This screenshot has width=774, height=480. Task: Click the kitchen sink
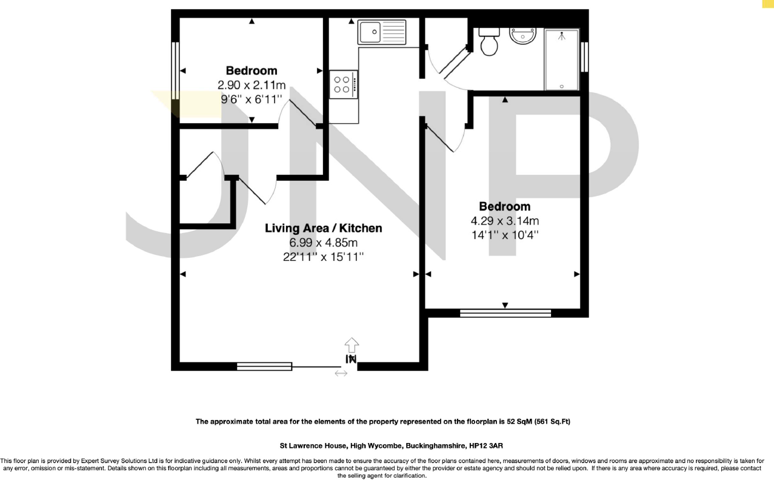(x=382, y=32)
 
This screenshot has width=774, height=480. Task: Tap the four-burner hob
(x=343, y=84)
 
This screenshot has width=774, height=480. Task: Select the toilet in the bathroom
(x=489, y=42)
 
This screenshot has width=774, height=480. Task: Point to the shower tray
(x=562, y=59)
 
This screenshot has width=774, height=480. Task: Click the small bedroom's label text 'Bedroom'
(x=252, y=70)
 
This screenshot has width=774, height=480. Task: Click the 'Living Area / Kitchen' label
(x=324, y=228)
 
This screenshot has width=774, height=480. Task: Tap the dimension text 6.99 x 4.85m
(x=324, y=243)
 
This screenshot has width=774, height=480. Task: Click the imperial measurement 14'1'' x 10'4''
(x=504, y=234)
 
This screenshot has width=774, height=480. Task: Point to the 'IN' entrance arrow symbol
(x=351, y=353)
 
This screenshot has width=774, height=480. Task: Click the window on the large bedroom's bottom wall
(x=505, y=313)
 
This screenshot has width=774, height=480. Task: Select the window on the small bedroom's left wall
(x=175, y=67)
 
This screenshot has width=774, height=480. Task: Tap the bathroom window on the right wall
(x=585, y=57)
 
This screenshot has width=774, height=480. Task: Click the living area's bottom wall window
(x=264, y=366)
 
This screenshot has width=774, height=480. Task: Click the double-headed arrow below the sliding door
(x=341, y=374)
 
